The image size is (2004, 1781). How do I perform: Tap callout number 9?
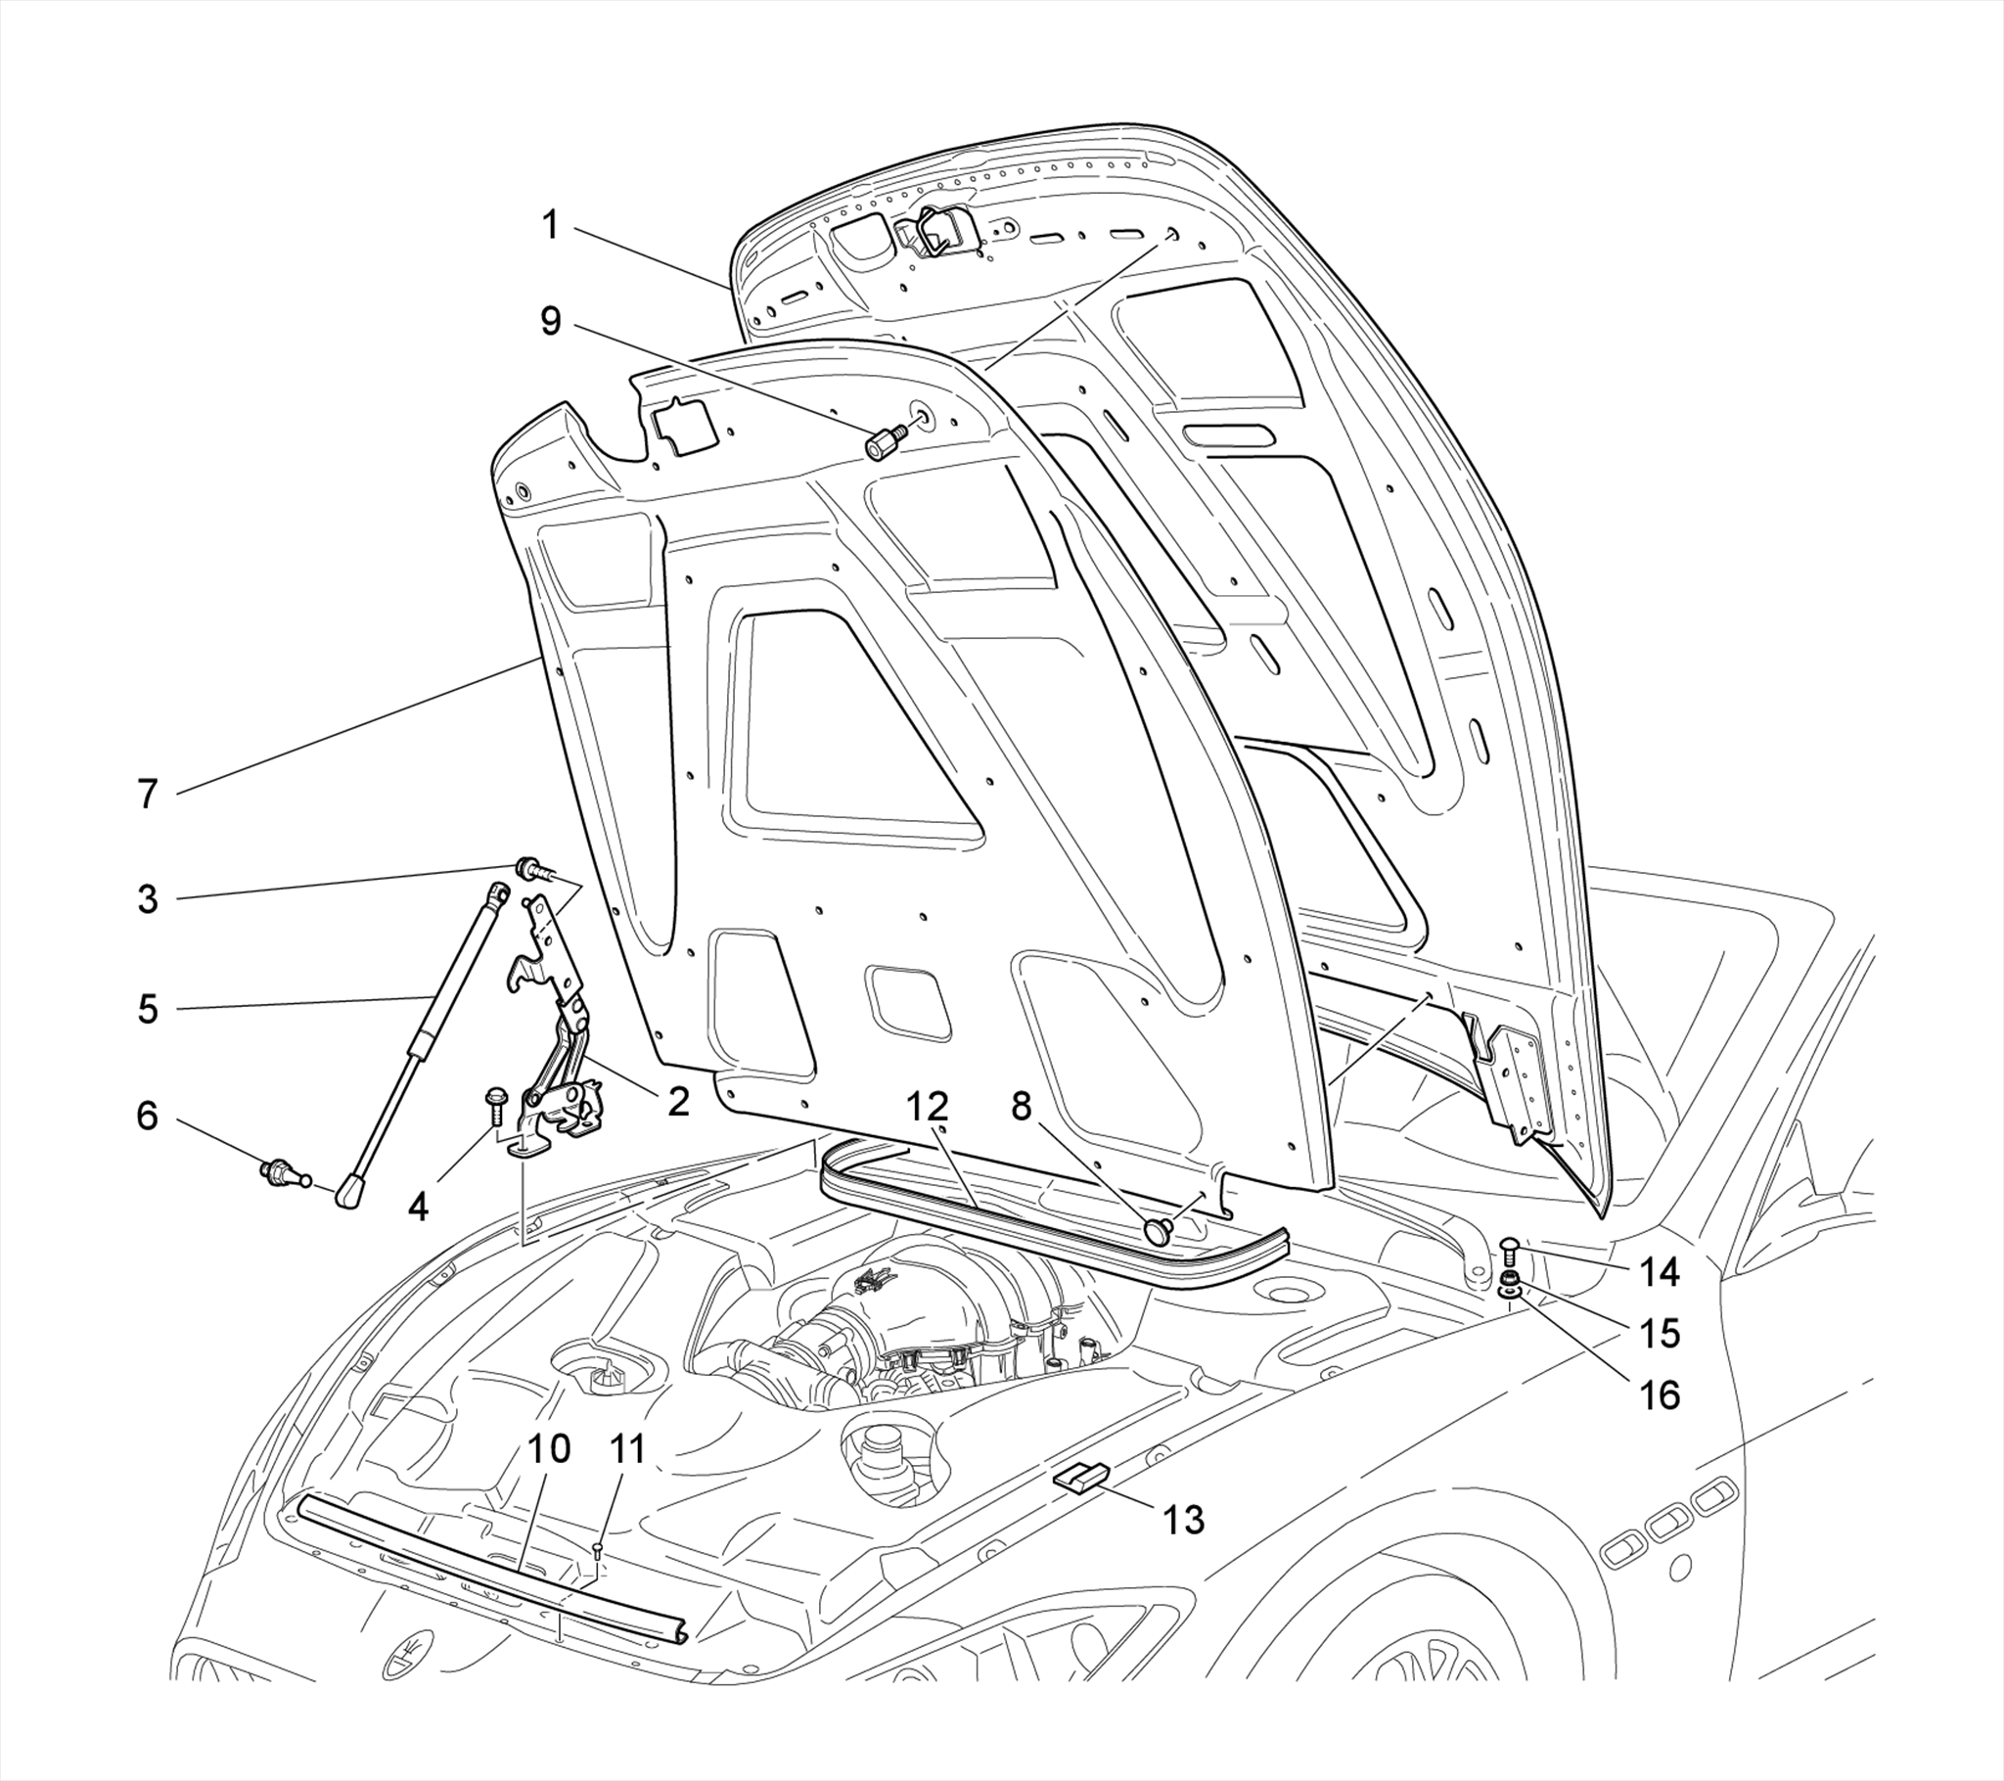pos(551,320)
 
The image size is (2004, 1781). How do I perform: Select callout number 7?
pos(147,794)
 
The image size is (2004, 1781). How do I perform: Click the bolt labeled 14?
pos(1510,1249)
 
